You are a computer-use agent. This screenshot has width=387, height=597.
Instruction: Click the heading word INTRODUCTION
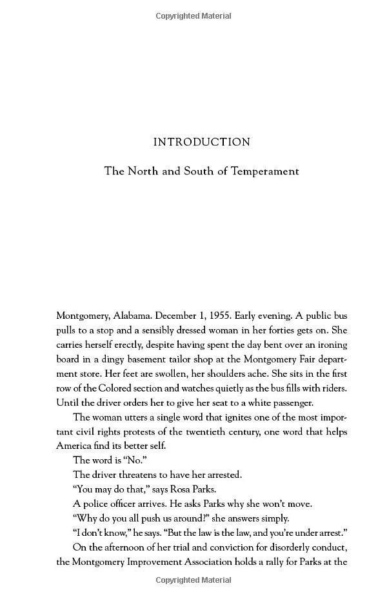tap(202, 142)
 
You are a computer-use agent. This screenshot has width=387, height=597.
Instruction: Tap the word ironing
tap(332, 345)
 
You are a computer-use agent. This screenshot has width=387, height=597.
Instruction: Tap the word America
tap(77, 446)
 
